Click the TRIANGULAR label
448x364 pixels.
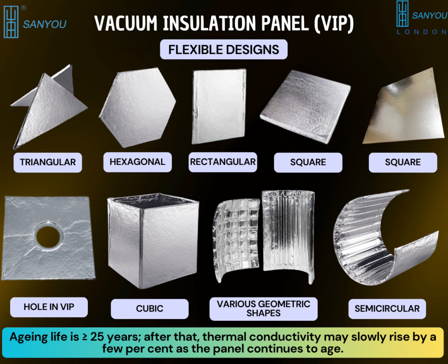coord(48,162)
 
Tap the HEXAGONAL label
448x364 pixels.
coord(137,162)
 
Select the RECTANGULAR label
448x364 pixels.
coord(223,162)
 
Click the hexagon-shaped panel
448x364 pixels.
coord(137,108)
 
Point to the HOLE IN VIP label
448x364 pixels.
coord(49,307)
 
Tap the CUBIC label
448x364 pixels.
coord(150,308)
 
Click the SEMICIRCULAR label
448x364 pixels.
coord(387,308)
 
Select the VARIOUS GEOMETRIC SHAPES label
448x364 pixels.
coord(263,308)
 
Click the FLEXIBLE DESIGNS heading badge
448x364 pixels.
coord(224,49)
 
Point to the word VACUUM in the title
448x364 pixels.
coord(126,23)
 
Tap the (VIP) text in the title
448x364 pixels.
coord(334,23)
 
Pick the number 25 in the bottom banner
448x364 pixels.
coord(97,337)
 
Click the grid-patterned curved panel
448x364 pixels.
coord(236,241)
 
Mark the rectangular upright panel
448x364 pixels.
coord(219,106)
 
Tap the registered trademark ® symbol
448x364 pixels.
coord(24,8)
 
